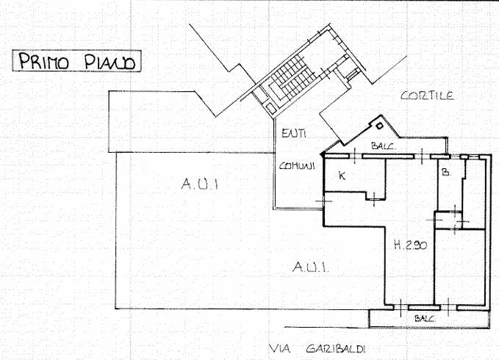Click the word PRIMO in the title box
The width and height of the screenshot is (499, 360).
click(x=43, y=61)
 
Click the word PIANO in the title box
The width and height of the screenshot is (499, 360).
click(x=110, y=62)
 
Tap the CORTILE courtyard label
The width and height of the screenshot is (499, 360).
click(x=428, y=96)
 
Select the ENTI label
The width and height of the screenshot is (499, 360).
click(x=294, y=133)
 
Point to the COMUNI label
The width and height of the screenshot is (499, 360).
click(x=297, y=166)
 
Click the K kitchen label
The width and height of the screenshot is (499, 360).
click(x=342, y=176)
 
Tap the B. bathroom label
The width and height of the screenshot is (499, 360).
click(x=446, y=172)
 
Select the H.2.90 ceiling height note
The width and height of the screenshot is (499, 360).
click(x=410, y=245)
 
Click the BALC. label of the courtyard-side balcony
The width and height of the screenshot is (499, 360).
click(x=384, y=146)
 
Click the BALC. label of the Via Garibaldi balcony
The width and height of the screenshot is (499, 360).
click(x=425, y=318)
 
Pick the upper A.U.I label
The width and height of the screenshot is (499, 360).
click(x=200, y=184)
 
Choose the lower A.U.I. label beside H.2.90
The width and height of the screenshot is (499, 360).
click(x=310, y=267)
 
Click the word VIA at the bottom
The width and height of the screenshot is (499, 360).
click(x=279, y=349)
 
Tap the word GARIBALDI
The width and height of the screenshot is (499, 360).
click(x=336, y=349)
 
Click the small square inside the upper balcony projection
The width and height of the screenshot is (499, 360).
click(x=379, y=126)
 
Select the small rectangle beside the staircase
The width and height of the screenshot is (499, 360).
click(x=271, y=108)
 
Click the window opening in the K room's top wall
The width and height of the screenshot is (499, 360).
click(x=355, y=156)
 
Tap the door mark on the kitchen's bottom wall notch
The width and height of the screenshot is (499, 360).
click(x=374, y=199)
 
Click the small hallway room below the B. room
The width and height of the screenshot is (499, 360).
click(x=445, y=220)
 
